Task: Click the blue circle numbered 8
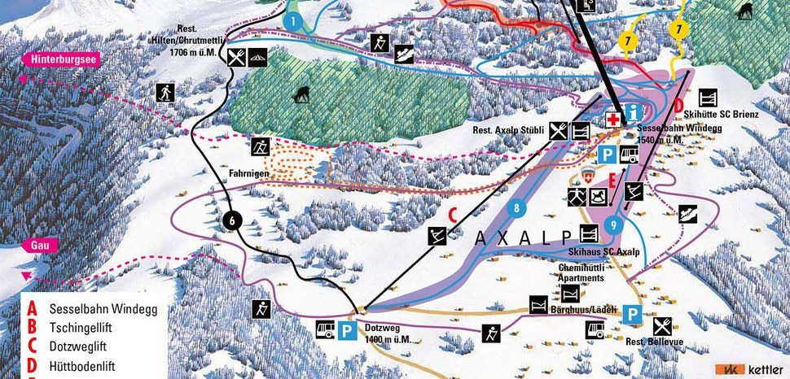coord(516,209)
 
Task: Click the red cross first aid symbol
coord(612,119)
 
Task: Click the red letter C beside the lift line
coord(452,214)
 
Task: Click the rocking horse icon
coord(599,196)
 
